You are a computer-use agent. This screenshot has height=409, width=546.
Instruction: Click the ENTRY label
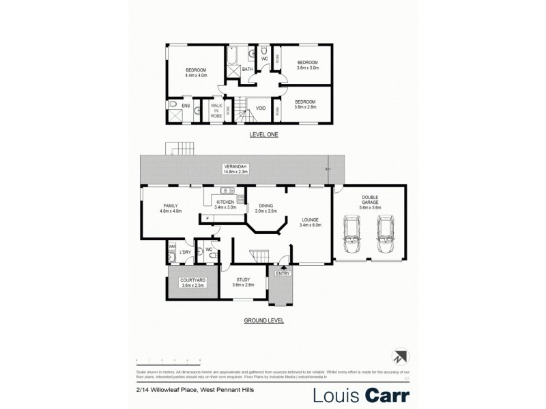tap(283, 273)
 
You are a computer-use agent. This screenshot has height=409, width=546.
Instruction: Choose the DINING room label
tap(265, 208)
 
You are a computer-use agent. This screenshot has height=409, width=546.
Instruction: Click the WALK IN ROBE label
tap(216, 111)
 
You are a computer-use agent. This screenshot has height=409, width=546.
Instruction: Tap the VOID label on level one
tap(261, 108)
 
